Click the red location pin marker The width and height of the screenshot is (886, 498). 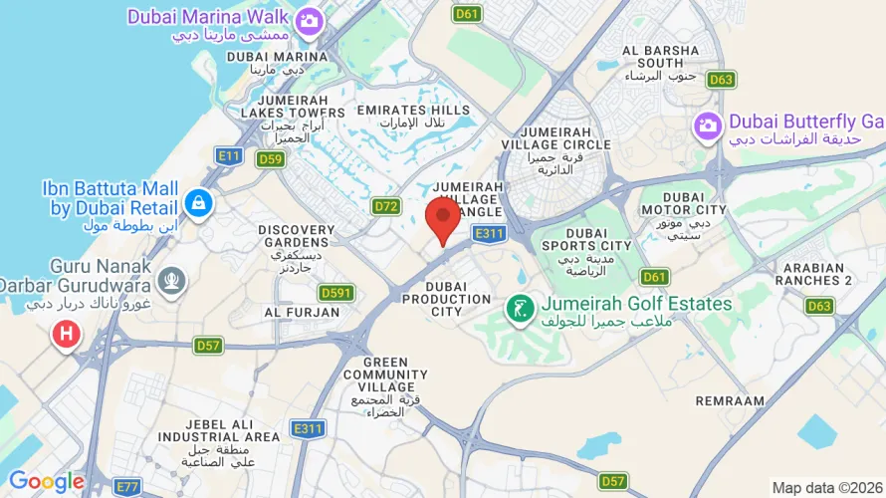click(443, 218)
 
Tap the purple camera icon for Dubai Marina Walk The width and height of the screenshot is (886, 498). click(309, 19)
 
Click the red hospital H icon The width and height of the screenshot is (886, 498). click(67, 335)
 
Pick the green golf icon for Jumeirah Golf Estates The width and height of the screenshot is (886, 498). click(519, 309)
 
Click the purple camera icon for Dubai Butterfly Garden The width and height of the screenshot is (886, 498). click(708, 125)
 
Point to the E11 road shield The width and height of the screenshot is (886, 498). click(230, 155)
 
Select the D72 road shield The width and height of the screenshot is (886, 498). click(386, 206)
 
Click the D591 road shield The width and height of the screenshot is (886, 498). click(336, 293)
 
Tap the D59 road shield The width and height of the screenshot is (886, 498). click(271, 158)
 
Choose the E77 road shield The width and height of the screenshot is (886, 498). click(127, 486)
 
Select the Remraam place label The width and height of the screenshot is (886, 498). click(731, 400)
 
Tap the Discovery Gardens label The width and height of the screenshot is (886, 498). click(296, 236)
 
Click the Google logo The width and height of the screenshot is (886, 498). click(46, 482)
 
